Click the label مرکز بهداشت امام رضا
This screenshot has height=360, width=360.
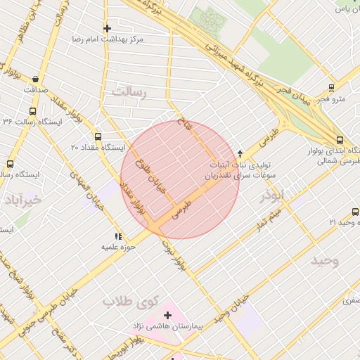pos(107,40)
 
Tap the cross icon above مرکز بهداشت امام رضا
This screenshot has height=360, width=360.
pos(107,28)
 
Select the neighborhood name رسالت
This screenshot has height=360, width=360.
pos(127,92)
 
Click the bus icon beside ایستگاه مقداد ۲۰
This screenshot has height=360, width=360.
pos(98,137)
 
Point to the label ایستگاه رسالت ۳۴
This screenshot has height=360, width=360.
pos(32,122)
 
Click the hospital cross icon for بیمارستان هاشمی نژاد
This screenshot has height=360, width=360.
pos(167,315)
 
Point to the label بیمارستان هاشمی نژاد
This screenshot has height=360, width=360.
pos(167,327)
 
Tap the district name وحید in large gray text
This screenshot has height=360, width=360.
pos(325,261)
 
